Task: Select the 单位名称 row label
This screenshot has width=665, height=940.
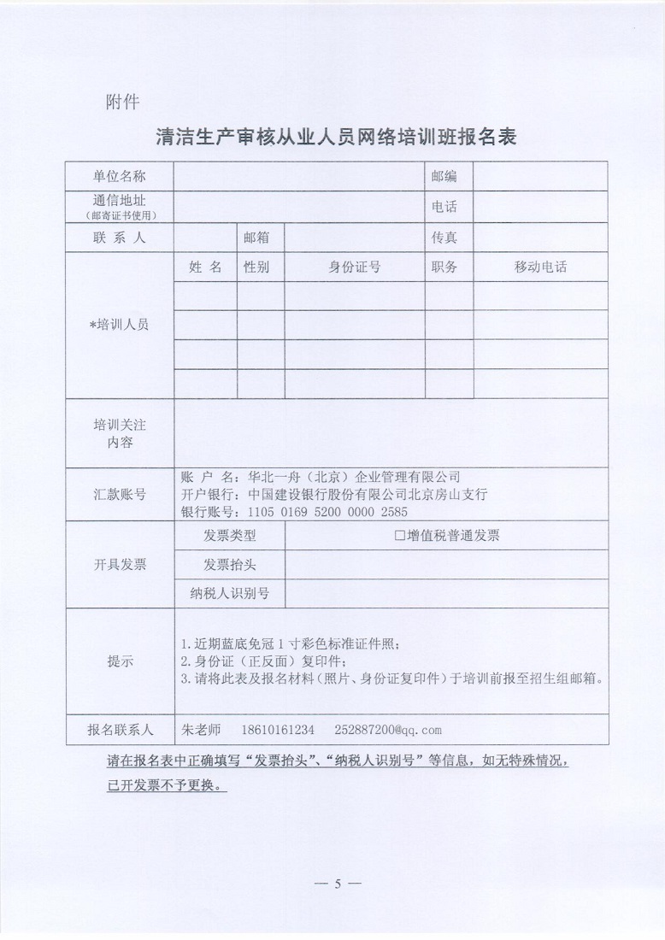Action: (120, 176)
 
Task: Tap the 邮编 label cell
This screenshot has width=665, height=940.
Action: (444, 176)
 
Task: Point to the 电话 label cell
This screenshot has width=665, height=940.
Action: (444, 207)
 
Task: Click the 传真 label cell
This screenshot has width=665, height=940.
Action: (444, 238)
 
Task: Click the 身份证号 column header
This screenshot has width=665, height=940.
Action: (354, 267)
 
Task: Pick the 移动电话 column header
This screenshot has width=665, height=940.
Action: (540, 267)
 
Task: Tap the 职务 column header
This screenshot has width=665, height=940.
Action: (444, 267)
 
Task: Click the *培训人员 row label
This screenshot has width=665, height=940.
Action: (120, 325)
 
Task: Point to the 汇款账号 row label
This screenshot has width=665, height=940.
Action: (120, 494)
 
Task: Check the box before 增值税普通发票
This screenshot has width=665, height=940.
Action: (399, 537)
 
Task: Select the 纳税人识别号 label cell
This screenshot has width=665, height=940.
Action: (230, 593)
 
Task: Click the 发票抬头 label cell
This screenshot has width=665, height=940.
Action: (230, 565)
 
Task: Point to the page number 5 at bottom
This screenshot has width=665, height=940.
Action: (338, 884)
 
